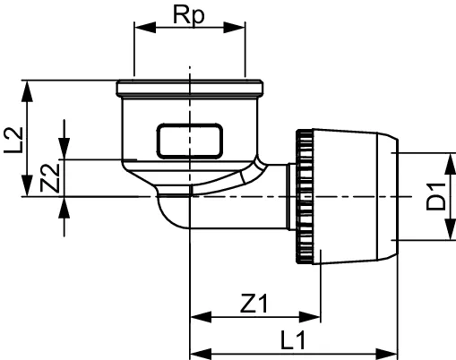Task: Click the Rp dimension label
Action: (189, 15)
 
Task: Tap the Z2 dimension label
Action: (51, 179)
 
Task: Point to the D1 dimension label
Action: (435, 196)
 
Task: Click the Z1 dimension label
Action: (254, 303)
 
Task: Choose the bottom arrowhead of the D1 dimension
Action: (445, 236)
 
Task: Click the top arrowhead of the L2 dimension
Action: (30, 87)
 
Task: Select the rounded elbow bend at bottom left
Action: (168, 215)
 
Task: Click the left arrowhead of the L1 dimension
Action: (196, 351)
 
